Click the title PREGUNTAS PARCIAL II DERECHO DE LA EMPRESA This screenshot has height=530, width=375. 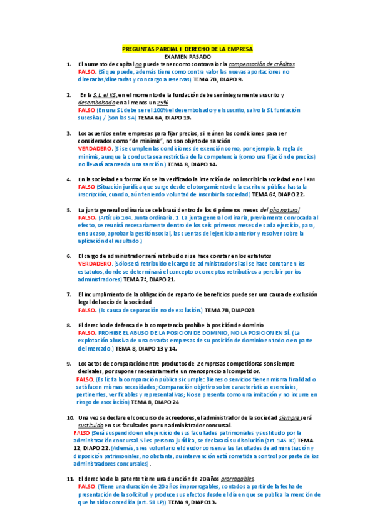click(187, 49)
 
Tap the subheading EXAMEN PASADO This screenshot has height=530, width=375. click(187, 56)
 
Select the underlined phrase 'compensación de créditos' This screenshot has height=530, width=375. click(262, 64)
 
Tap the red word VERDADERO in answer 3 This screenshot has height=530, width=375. click(95, 149)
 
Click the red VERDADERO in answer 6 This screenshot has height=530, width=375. click(95, 264)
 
